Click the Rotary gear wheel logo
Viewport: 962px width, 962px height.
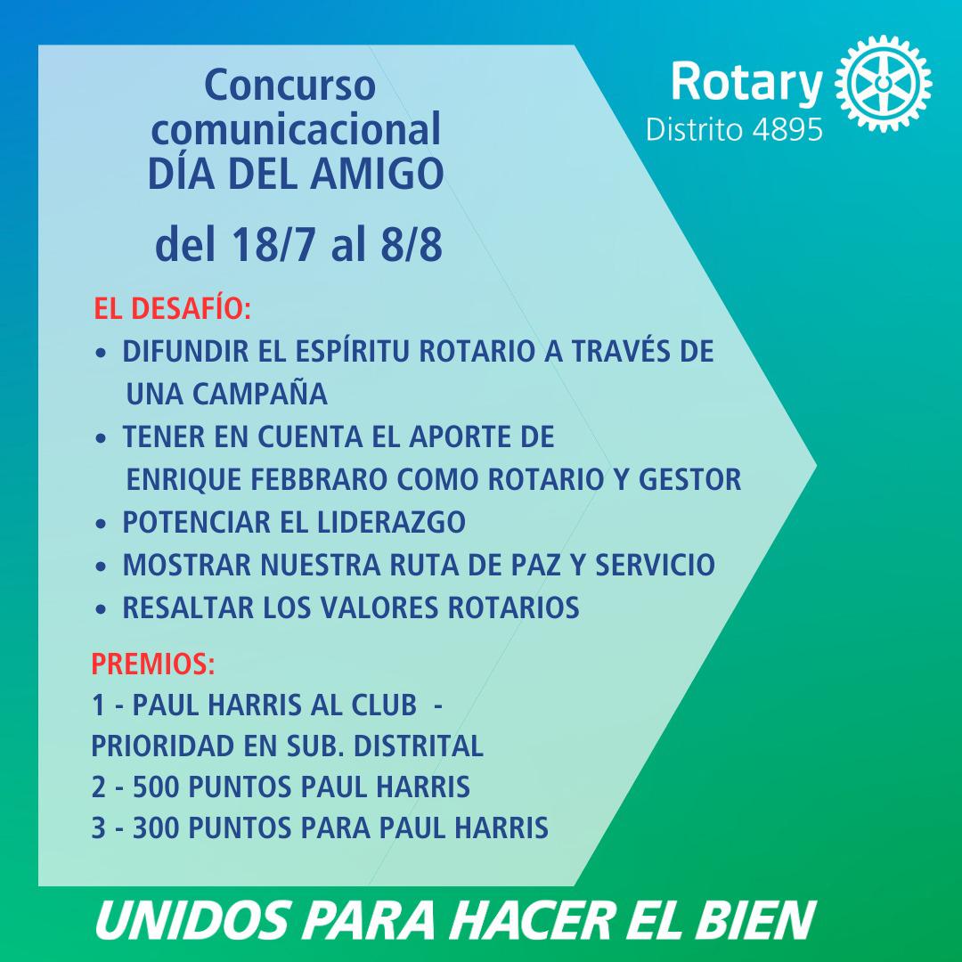coord(884,84)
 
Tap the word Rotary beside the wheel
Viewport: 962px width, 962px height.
coord(746,83)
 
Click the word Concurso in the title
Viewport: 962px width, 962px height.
coord(289,86)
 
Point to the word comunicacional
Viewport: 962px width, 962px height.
coord(297,128)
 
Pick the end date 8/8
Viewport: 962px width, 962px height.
coord(411,244)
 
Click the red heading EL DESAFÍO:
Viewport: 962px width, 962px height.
coord(173,308)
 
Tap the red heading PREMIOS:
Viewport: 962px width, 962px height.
coord(153,664)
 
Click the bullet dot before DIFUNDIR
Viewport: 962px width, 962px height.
coord(102,354)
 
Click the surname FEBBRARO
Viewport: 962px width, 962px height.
coord(318,479)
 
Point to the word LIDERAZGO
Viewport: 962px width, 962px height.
coord(391,522)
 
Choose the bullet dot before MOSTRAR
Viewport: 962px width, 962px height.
coord(102,567)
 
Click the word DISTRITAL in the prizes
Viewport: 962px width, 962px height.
coord(419,746)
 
